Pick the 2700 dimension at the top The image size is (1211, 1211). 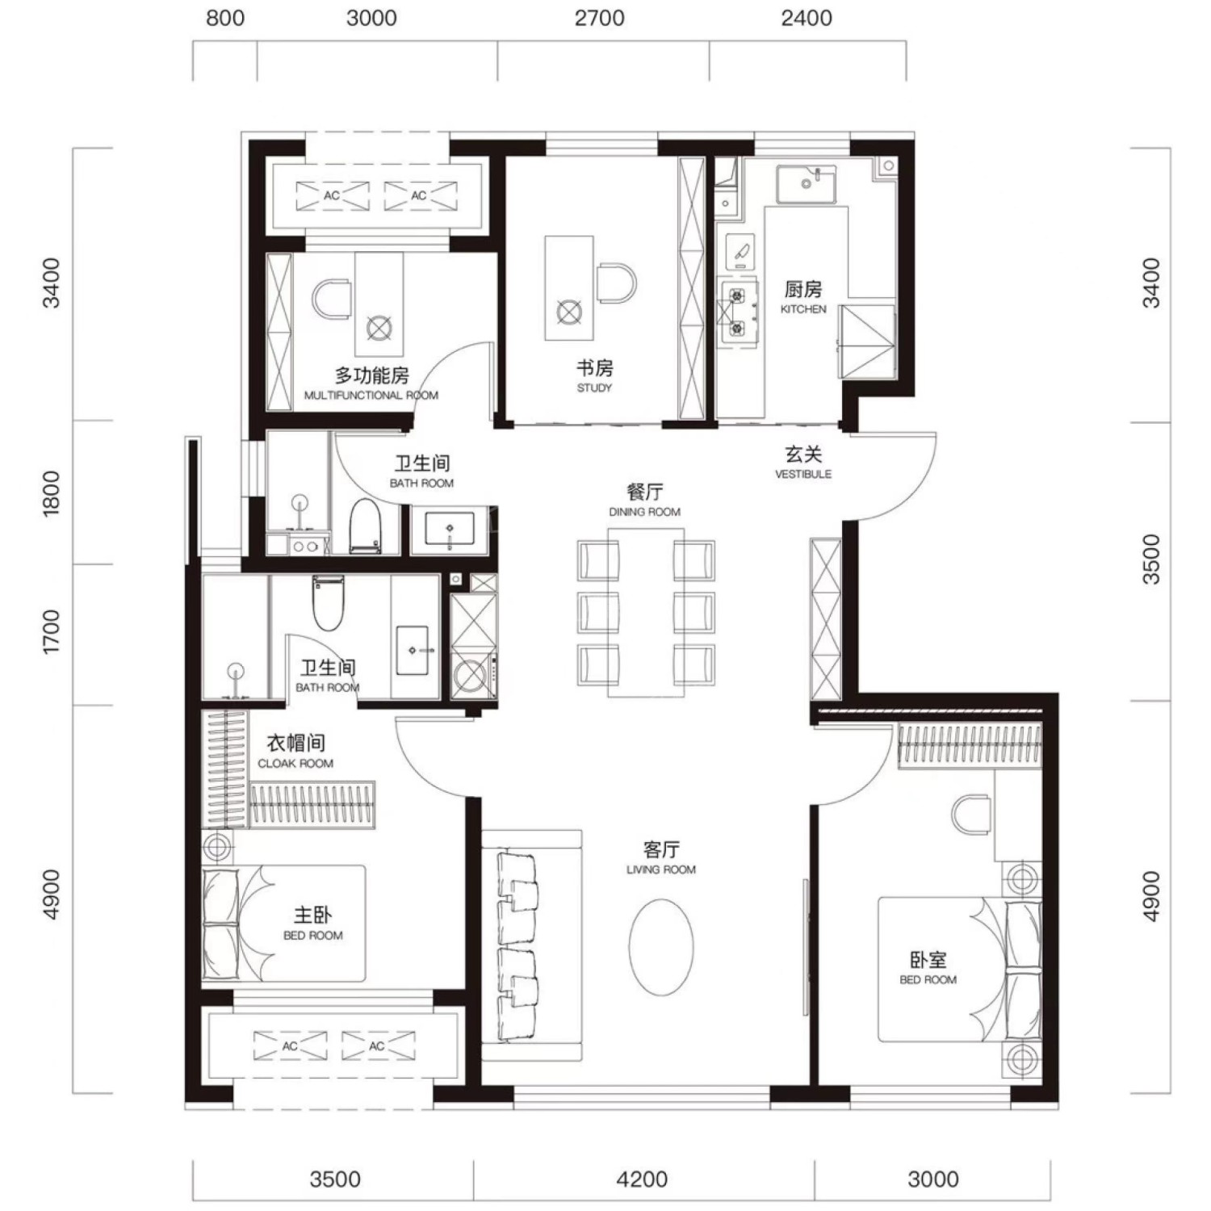pos(600,18)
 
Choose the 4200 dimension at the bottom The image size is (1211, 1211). pos(643,1180)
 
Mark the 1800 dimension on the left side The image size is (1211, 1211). pos(51,493)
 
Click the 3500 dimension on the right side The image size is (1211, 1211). pos(1151,559)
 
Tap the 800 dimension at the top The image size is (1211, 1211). pos(225,18)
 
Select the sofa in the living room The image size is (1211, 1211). pos(532,945)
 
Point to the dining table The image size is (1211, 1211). pos(646,613)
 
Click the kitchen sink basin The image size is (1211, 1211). pos(807,185)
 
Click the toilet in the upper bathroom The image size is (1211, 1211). pos(365,526)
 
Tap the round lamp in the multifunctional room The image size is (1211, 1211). pos(379,328)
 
